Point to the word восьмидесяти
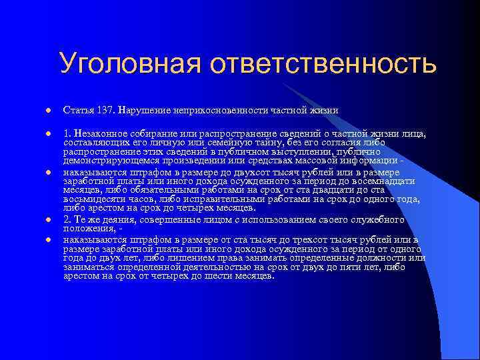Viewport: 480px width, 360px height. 93,199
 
